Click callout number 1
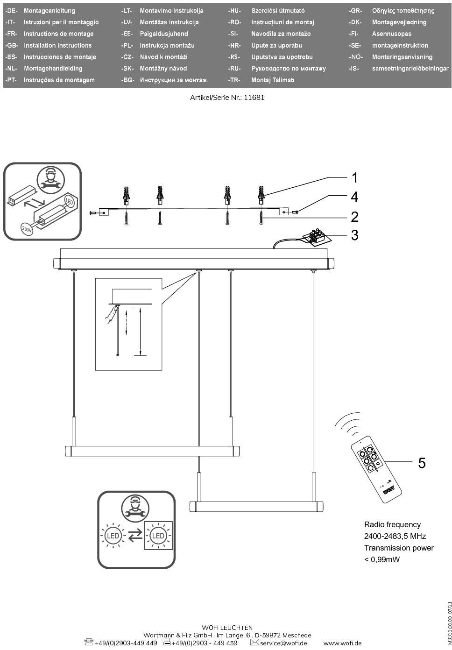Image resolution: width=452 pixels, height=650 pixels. pos(354,178)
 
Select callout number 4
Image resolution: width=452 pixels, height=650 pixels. pos(354,197)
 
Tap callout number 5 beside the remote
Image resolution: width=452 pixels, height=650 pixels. pos(422,463)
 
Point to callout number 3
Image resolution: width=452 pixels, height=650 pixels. pos(354,235)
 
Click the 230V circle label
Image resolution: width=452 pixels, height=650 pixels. pos(27,229)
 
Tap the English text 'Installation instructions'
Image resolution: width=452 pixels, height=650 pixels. pos(57,45)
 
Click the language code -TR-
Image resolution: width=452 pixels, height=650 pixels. pos(234,80)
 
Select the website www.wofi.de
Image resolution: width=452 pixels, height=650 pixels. pos(342,643)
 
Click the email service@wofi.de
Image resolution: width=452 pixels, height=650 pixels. pos(283,643)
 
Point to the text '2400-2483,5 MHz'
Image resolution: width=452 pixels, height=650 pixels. pos(395,536)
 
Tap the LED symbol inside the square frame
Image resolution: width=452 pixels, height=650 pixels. pos(158,536)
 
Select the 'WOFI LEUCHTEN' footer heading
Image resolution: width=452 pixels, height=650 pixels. pos(227,628)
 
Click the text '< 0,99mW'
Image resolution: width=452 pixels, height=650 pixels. pos(381,559)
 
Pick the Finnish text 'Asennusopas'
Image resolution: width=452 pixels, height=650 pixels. pos(391,34)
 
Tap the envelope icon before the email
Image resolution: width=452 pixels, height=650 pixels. pos(254,643)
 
